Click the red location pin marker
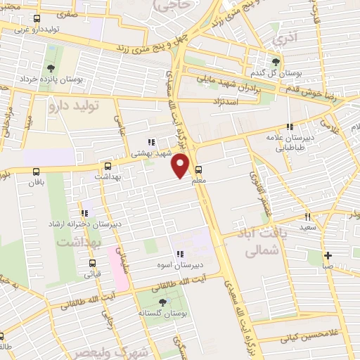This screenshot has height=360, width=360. click(x=181, y=166)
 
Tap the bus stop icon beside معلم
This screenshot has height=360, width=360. click(x=199, y=169)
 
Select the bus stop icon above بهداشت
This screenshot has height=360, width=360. click(x=108, y=167)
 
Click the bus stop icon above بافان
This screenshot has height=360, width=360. click(x=37, y=171)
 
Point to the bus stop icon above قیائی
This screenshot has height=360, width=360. click(x=93, y=264)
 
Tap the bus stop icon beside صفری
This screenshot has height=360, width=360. click(x=37, y=19)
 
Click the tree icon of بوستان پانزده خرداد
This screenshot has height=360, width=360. click(x=50, y=69)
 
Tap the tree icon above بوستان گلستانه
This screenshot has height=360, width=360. click(x=164, y=302)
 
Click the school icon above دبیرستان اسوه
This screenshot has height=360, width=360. click(x=179, y=254)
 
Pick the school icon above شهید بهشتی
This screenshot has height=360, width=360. click(x=150, y=142)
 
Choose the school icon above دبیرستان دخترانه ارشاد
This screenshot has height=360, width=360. click(x=85, y=213)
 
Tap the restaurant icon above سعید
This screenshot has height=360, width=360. click(x=307, y=217)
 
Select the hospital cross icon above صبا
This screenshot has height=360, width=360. click(x=327, y=255)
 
